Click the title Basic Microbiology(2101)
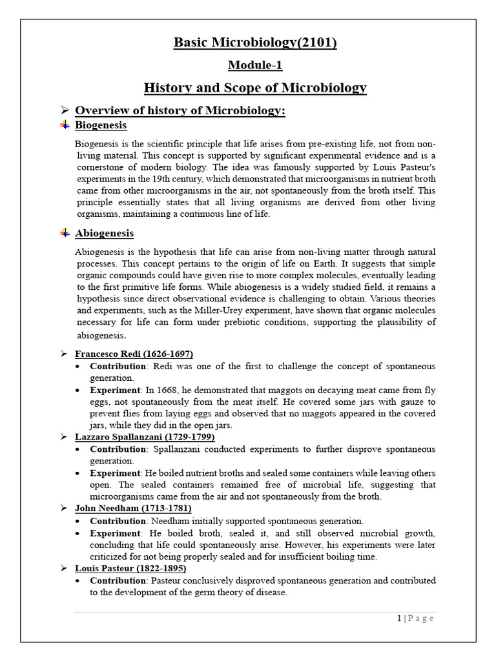[x=255, y=43]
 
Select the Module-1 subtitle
[x=255, y=65]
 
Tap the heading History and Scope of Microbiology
[x=255, y=88]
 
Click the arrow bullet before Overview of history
[x=65, y=110]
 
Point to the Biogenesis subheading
[x=101, y=125]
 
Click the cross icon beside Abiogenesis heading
[x=65, y=232]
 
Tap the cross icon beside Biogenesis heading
[x=65, y=125]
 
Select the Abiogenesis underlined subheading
[x=105, y=232]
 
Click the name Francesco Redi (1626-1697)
[x=134, y=354]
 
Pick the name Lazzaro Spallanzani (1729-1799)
[x=145, y=437]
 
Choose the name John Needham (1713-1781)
[x=133, y=509]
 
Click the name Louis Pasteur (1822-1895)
[x=130, y=568]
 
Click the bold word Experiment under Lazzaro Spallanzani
[x=116, y=473]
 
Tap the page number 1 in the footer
[x=400, y=618]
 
